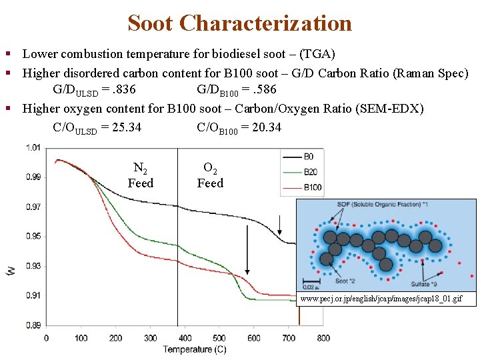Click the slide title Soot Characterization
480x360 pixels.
coord(239,23)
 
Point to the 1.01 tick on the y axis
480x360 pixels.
coord(33,147)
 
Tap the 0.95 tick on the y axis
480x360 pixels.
coord(33,236)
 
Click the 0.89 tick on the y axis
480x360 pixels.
coord(33,325)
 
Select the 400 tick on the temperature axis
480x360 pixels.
coord(185,338)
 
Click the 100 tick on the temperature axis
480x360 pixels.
coord(81,338)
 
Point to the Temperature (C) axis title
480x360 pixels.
coord(195,349)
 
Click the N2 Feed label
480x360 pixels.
coord(141,176)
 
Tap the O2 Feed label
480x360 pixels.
coord(210,176)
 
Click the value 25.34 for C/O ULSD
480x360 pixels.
coord(126,127)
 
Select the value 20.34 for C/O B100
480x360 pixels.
coord(267,127)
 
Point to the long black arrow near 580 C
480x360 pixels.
coord(247,250)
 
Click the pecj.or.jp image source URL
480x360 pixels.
coord(381,299)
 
